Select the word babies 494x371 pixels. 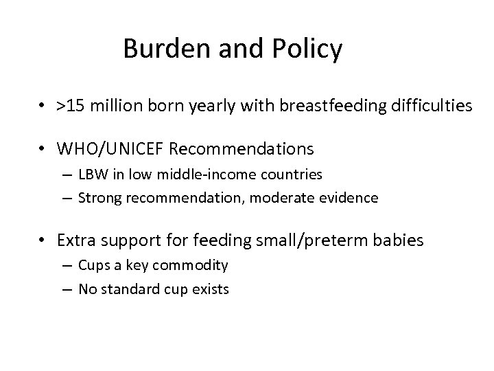click(x=403, y=241)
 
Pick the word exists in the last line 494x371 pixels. click(x=212, y=289)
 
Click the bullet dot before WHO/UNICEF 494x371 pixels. click(x=43, y=148)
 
